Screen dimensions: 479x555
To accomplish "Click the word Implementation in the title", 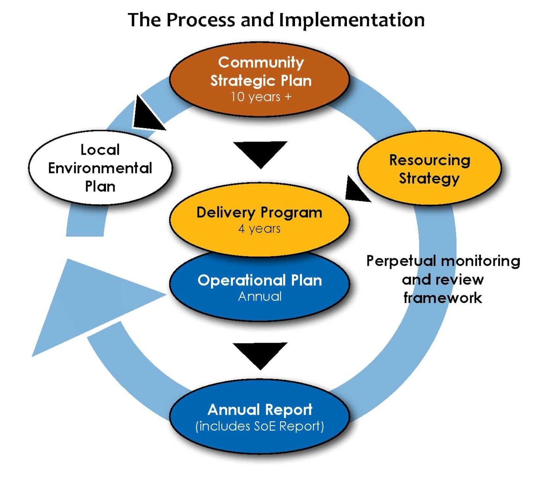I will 352,20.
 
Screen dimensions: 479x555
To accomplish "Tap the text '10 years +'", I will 261,97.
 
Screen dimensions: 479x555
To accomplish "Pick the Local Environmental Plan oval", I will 100,168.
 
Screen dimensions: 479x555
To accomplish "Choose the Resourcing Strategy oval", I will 429,169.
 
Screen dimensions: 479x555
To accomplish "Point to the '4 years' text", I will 259,229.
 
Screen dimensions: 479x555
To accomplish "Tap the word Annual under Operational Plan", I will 260,297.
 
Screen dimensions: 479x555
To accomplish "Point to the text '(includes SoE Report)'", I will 260,426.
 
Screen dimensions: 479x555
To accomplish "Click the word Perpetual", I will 401,261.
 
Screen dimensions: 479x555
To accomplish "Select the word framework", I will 442,298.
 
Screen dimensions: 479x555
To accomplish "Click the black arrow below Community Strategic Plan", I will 260,153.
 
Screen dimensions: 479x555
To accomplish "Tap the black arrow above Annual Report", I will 260,354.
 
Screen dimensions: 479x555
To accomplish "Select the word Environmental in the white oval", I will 100,168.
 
